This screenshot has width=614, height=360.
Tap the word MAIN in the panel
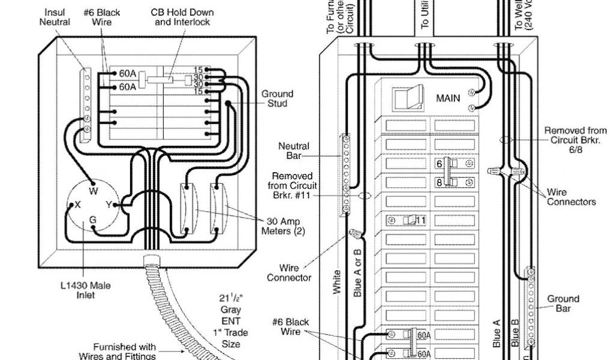(x=448, y=98)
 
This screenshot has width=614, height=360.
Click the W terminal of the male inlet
(x=93, y=191)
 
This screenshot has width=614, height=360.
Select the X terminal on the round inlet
(x=77, y=204)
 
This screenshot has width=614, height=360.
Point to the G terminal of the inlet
(x=93, y=220)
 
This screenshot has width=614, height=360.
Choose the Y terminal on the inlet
(x=110, y=204)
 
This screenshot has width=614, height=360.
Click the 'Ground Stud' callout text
(x=277, y=98)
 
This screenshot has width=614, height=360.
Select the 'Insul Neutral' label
(x=55, y=17)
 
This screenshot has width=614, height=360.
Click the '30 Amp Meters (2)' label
(x=282, y=226)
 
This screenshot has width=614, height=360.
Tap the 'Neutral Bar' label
(x=294, y=151)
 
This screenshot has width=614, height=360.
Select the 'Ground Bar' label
(x=563, y=303)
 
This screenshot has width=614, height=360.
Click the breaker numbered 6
(x=447, y=164)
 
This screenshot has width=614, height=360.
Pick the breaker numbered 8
(x=447, y=182)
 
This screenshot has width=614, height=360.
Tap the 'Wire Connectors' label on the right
(x=571, y=197)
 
